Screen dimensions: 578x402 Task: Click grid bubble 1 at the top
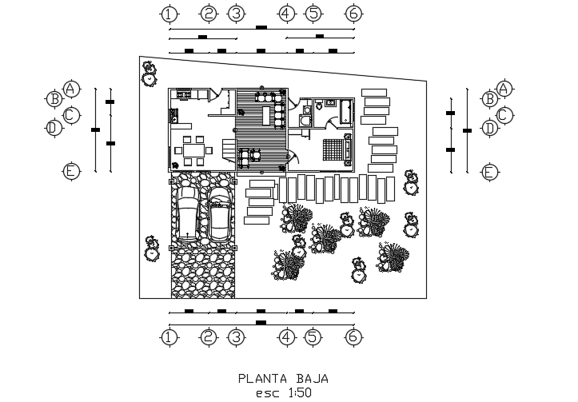(169, 14)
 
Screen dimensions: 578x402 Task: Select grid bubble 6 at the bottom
(353, 337)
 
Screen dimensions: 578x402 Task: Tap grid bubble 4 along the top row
(286, 14)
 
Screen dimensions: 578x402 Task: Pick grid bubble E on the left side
(71, 171)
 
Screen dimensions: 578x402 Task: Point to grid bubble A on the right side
(504, 89)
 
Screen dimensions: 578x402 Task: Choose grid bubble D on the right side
(489, 129)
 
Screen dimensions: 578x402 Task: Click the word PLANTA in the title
(262, 379)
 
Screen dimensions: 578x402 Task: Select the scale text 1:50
(300, 392)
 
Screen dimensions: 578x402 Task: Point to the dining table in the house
(194, 150)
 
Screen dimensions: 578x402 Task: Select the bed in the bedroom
(337, 149)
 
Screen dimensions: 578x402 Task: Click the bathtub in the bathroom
(345, 111)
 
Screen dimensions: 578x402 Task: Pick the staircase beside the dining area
(229, 151)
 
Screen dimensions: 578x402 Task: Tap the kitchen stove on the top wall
(184, 94)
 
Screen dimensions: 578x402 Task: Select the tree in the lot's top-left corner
(149, 74)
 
